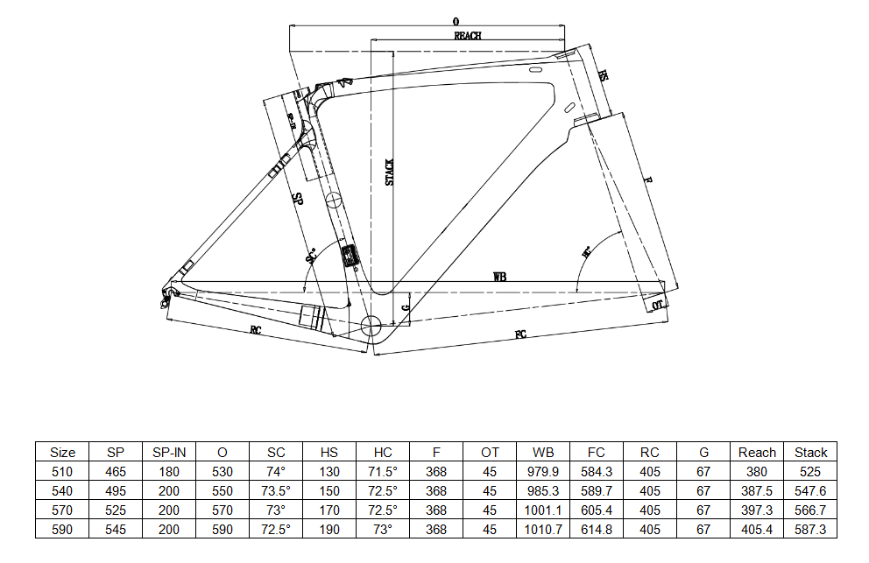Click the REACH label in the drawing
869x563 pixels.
click(468, 36)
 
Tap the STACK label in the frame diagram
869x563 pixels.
click(390, 172)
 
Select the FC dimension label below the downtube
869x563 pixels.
click(520, 335)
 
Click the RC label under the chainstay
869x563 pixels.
click(256, 330)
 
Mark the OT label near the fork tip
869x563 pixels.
click(658, 305)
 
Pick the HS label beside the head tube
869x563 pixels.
click(603, 76)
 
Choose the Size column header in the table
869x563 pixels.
click(63, 453)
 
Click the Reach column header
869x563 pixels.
click(757, 453)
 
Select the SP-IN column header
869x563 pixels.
click(169, 453)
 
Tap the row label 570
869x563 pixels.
click(63, 510)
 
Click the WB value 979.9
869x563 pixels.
click(543, 472)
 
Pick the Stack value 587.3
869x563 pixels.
click(810, 530)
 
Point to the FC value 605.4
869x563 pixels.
click(597, 510)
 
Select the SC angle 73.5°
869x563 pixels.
click(276, 491)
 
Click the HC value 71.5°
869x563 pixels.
click(383, 472)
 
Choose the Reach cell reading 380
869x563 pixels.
click(757, 472)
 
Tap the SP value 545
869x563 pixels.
click(116, 530)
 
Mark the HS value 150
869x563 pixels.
click(329, 491)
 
